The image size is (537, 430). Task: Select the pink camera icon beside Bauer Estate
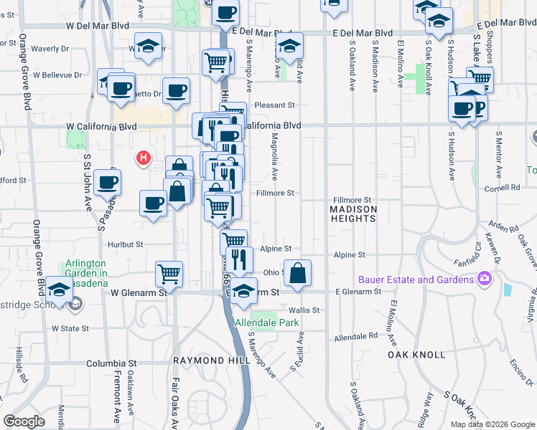(x=485, y=278)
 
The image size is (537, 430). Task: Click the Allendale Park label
(x=276, y=322)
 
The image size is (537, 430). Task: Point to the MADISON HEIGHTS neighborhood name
(x=353, y=214)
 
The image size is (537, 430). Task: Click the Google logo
(x=24, y=421)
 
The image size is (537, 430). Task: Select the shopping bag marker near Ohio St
(x=297, y=272)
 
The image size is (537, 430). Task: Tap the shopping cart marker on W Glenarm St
(x=169, y=273)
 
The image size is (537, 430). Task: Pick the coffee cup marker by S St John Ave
(x=107, y=182)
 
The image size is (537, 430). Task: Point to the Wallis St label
(x=303, y=310)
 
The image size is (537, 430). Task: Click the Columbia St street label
(x=111, y=363)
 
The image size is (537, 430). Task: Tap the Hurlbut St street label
(x=126, y=244)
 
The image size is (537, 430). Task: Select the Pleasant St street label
(x=279, y=105)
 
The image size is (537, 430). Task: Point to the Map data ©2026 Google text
(x=491, y=424)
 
